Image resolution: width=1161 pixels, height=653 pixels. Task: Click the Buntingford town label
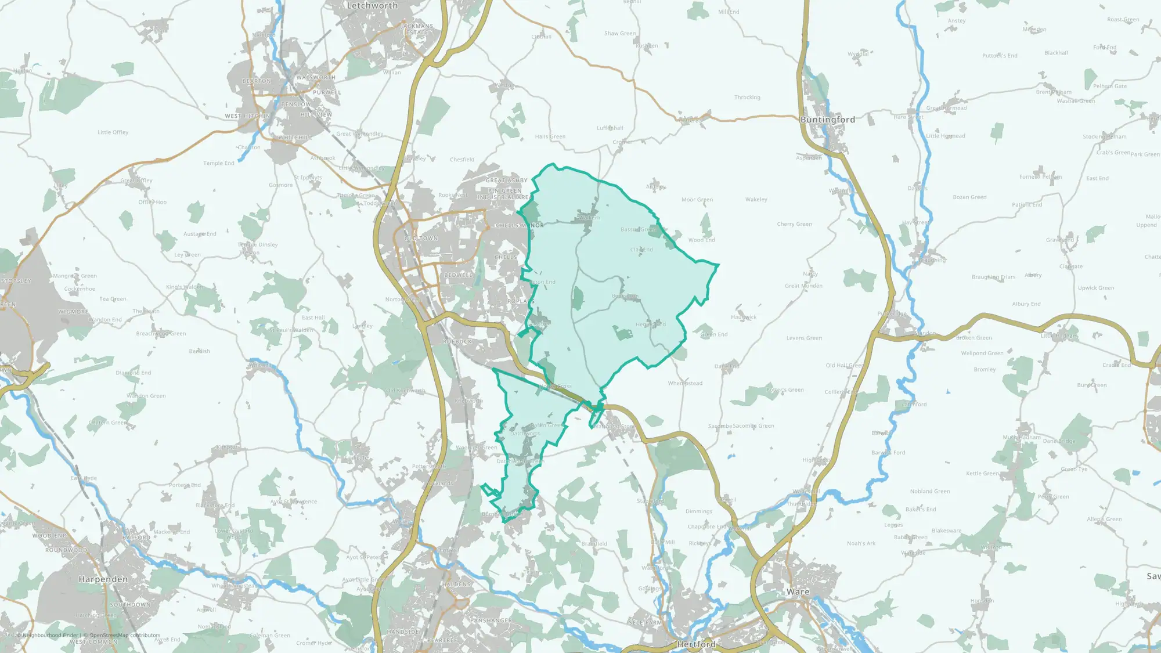pos(827,120)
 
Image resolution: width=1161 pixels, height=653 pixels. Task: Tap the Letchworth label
pos(372,6)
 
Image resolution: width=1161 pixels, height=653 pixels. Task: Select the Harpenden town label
pos(103,579)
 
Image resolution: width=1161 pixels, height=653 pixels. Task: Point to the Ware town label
pos(798,592)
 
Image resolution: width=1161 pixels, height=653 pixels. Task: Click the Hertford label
pos(696,644)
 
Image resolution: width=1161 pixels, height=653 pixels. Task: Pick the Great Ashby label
pos(506,181)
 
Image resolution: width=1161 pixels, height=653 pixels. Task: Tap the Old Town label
pos(421,239)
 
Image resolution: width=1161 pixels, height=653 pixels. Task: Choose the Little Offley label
pos(113,132)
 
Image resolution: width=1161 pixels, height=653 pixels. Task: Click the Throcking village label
pos(747,98)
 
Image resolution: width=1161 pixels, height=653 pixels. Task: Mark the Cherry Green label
pos(794,224)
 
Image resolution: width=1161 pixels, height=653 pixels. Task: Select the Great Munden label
pos(803,286)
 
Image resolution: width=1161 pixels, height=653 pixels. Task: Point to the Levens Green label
pos(804,338)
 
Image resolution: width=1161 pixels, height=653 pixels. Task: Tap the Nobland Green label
pos(930,492)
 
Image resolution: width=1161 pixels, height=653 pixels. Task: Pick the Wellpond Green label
pos(982,353)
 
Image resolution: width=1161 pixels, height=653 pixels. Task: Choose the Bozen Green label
pos(969,197)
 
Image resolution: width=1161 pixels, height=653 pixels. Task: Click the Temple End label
pos(218,164)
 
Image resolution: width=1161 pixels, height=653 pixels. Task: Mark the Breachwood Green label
pos(161,334)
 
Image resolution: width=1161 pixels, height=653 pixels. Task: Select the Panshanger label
pos(491,621)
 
